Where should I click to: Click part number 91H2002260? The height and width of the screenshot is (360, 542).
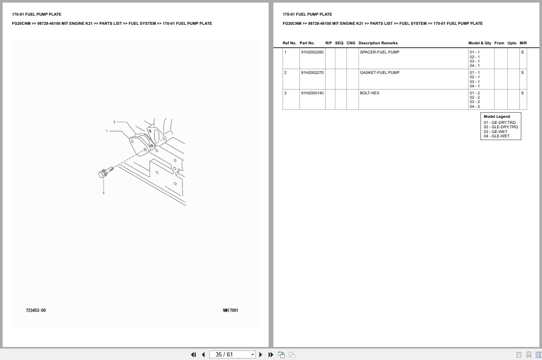coord(312,52)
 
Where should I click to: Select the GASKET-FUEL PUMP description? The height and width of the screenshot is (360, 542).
coord(379,72)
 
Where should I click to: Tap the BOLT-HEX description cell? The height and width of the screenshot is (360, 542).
coord(369,93)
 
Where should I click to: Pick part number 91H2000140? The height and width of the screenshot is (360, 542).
coord(312,93)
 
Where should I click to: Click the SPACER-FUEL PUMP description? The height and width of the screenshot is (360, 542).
coord(379,52)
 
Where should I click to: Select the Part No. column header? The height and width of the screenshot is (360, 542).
coord(307,43)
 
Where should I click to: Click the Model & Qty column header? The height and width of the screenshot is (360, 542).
coord(479,43)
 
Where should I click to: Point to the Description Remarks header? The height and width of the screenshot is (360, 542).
coord(378,43)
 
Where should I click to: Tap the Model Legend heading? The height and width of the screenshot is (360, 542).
coord(497,117)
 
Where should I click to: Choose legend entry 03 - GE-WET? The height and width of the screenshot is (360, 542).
coord(495,132)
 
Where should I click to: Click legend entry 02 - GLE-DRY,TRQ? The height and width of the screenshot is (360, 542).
coord(501,127)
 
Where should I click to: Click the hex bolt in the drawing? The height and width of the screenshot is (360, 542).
coord(106,172)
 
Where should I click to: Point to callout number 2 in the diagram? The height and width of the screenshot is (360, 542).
coord(114,122)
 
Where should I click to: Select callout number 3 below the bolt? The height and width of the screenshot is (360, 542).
coord(103,193)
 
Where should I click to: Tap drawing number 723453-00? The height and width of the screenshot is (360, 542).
coord(36,310)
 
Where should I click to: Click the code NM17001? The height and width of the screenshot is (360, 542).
coord(230,310)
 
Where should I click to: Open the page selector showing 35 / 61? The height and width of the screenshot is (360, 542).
coord(232,355)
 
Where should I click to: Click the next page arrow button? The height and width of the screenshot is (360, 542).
coord(261,355)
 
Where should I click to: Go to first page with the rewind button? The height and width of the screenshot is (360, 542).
coord(193,355)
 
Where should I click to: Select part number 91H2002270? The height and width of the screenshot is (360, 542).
coord(312,72)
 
